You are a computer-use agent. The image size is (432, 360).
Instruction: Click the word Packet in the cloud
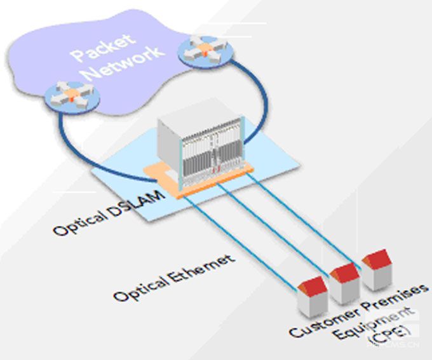[x=102, y=49]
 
